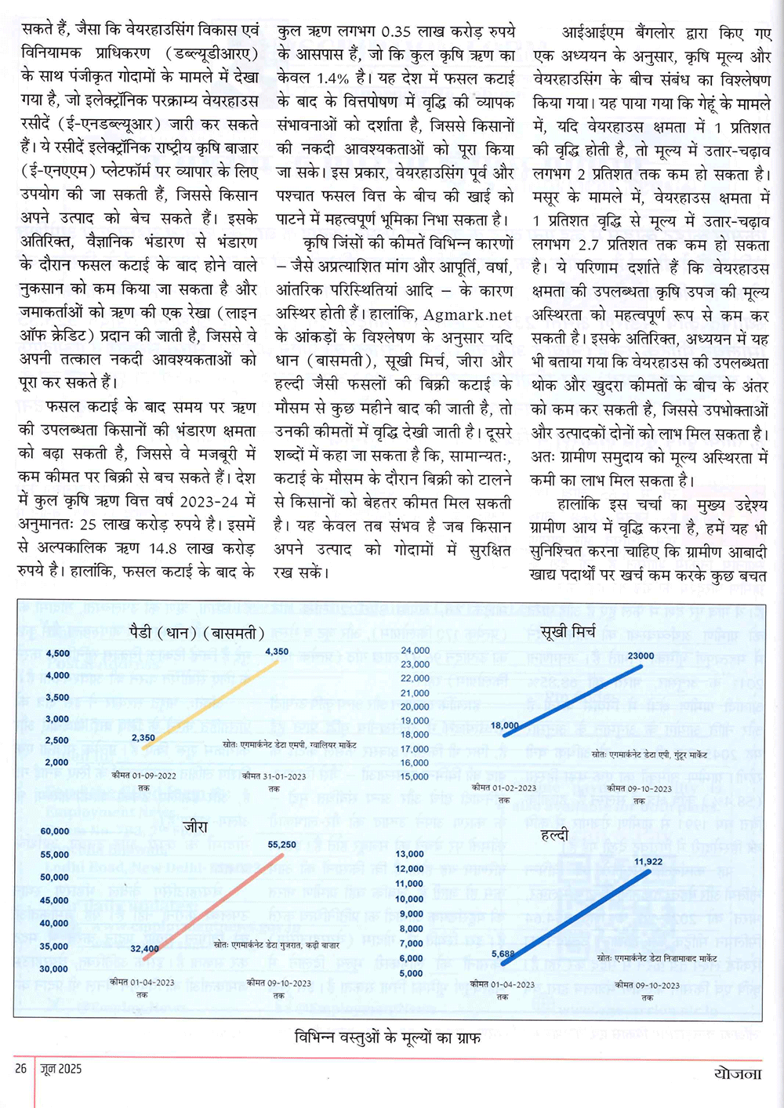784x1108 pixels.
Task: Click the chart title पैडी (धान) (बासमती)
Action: coord(196,633)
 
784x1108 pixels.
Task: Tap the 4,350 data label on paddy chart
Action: coord(277,652)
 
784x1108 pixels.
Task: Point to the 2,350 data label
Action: coord(143,738)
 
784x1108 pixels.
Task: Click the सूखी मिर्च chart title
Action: coord(568,630)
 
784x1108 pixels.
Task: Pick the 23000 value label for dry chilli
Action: coord(641,656)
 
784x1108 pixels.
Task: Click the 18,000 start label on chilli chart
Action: coord(505,725)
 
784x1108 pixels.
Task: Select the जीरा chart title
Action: coord(195,826)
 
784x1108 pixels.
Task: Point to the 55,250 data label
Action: coord(282,845)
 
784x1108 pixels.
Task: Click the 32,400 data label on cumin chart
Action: coord(145,949)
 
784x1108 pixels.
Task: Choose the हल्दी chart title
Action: coord(554,836)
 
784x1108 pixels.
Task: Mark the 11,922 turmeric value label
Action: coord(648,861)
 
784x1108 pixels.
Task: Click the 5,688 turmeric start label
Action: coord(503,954)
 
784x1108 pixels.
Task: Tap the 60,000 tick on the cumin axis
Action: coord(55,831)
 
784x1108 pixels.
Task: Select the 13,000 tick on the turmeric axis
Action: coord(410,854)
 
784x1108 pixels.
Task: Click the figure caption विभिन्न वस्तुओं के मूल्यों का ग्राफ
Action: coord(388,1037)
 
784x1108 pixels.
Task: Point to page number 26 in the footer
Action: coord(20,1068)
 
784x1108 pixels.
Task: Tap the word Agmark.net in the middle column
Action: coord(468,315)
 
